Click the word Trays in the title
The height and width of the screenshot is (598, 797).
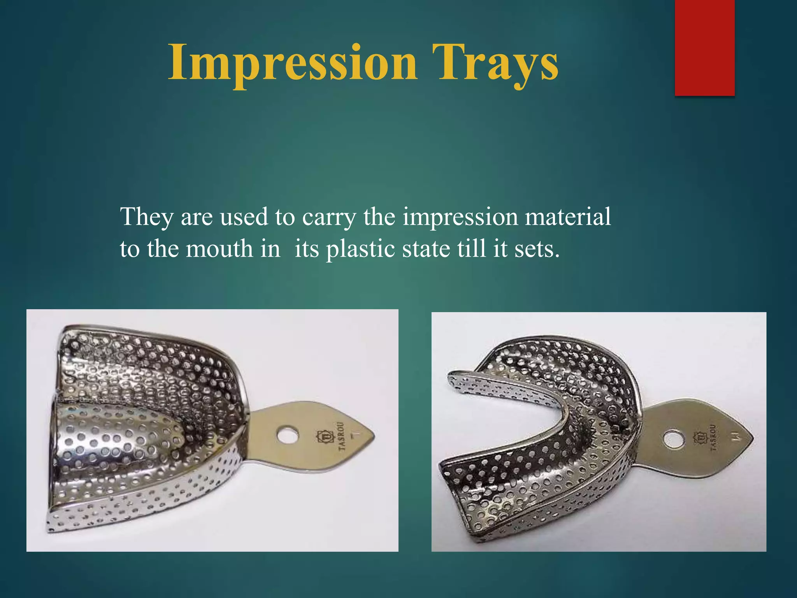(x=494, y=63)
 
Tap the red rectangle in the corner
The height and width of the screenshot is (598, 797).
(x=704, y=47)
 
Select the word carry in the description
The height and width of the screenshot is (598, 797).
(x=329, y=217)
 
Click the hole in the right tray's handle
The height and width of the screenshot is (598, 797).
(x=674, y=440)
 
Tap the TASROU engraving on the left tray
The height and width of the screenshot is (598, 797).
(x=341, y=436)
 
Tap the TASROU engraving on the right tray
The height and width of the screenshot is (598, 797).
(x=713, y=438)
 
